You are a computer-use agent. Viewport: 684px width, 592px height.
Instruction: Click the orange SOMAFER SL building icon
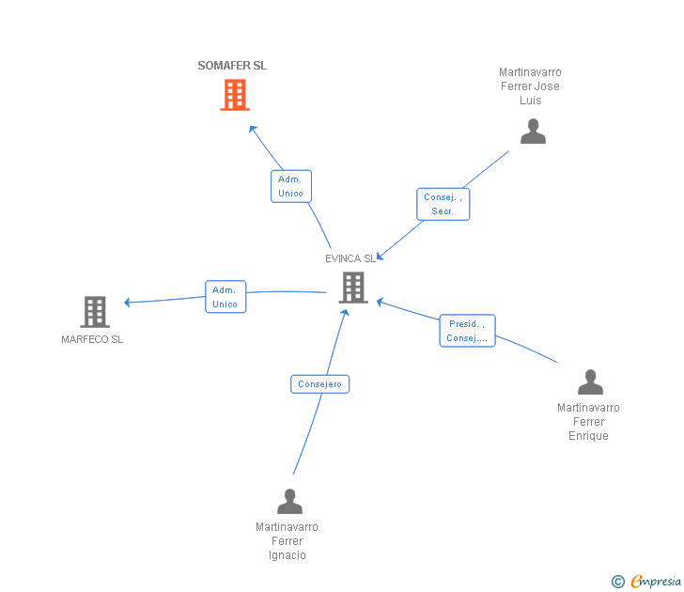235,95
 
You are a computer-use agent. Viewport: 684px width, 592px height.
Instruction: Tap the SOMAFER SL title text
232,66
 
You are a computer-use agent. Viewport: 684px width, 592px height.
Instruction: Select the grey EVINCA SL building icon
353,288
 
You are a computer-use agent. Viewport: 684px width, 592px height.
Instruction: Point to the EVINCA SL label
350,258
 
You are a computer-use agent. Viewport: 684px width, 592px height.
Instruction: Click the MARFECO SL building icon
95,312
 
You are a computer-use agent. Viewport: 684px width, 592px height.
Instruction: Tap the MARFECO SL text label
92,339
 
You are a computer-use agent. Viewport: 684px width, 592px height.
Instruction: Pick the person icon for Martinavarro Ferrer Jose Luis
533,132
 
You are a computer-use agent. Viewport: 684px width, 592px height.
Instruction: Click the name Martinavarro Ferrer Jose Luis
530,86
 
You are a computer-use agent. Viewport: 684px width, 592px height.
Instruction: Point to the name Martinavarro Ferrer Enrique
588,422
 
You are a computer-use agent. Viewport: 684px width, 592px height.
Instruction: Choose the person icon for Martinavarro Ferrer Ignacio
289,502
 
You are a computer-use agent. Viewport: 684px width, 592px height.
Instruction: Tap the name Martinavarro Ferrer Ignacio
287,541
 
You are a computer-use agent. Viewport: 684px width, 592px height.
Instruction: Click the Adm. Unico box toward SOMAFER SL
290,186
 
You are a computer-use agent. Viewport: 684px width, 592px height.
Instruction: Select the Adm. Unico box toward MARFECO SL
225,297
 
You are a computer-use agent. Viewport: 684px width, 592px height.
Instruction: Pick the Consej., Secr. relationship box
443,204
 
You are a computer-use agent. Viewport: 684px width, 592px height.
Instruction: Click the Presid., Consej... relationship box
467,331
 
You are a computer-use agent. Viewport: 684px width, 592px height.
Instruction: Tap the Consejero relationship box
319,384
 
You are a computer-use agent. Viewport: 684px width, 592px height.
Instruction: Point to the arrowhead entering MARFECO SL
128,303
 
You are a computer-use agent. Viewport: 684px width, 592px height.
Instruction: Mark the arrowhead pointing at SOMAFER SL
252,129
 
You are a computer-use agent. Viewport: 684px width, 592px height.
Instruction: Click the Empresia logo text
655,582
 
